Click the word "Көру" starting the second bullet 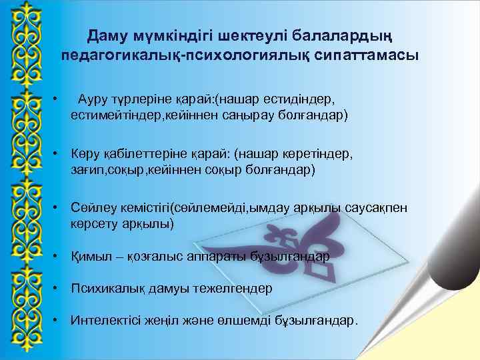coord(85,155)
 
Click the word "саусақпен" coord(377,209)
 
